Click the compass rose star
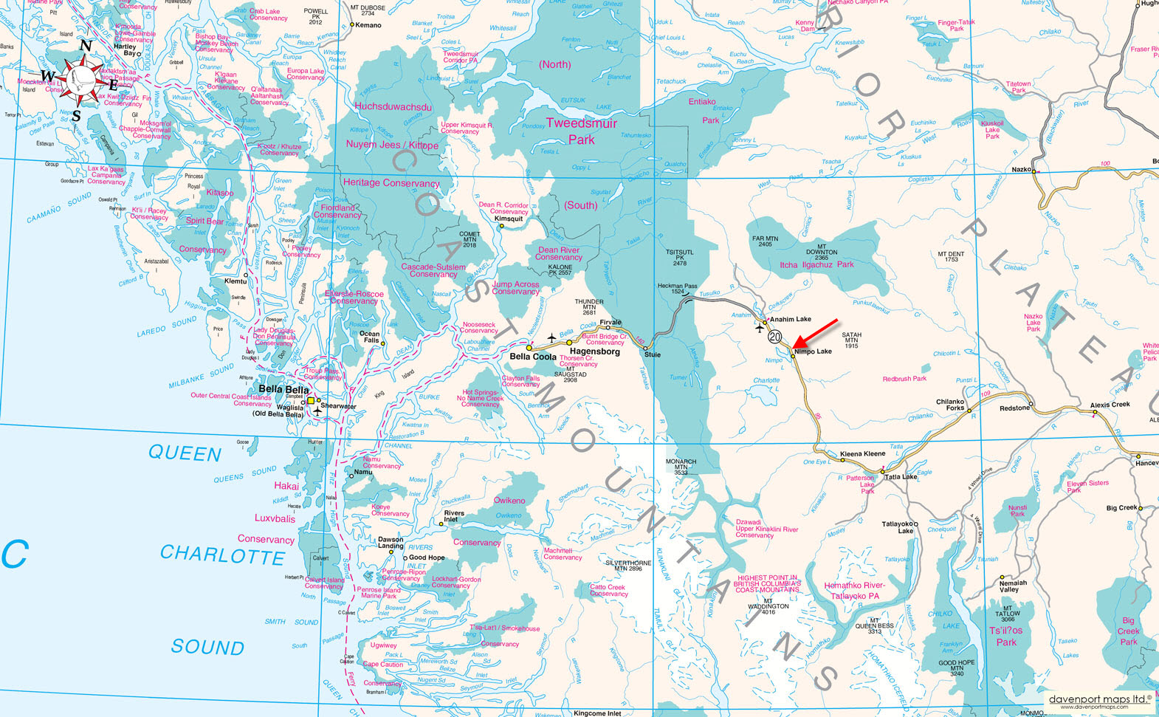coord(83,78)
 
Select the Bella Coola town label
coord(533,357)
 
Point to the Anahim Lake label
coord(790,320)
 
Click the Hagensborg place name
coord(594,351)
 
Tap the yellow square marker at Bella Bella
coord(312,401)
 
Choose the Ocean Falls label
coord(370,337)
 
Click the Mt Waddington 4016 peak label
coord(768,608)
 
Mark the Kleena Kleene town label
coord(862,453)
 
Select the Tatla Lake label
coord(901,476)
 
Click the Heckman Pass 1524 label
coord(677,289)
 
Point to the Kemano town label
coord(368,25)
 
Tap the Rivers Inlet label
coord(454,516)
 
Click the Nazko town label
coord(1021,170)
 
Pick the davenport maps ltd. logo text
coord(1099,698)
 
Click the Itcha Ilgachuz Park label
coord(816,264)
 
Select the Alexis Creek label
coord(1110,405)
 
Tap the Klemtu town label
coord(235,281)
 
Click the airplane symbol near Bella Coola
coord(551,338)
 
